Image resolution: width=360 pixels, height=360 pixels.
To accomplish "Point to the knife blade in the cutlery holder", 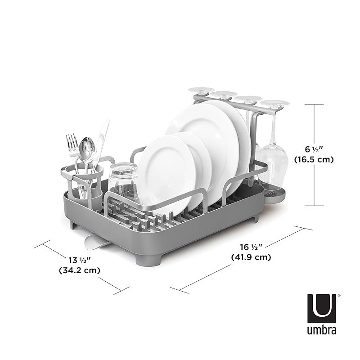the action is [x=102, y=140].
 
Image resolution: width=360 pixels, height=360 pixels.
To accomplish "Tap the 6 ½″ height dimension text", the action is [x=314, y=149].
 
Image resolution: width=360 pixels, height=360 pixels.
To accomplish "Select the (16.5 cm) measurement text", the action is [x=314, y=159].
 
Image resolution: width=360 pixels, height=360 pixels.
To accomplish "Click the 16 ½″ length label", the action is [x=251, y=247].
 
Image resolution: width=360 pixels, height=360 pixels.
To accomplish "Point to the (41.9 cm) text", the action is [x=251, y=257].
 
